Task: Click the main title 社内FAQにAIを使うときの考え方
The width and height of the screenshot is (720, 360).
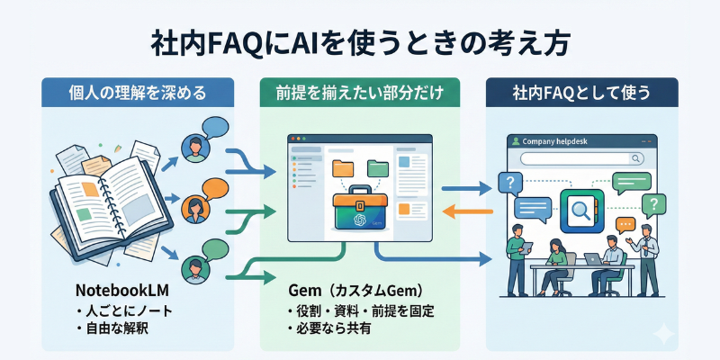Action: tap(360, 42)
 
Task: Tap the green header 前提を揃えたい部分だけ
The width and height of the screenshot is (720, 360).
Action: tap(360, 92)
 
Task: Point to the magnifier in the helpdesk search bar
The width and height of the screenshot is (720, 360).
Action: tap(636, 157)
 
